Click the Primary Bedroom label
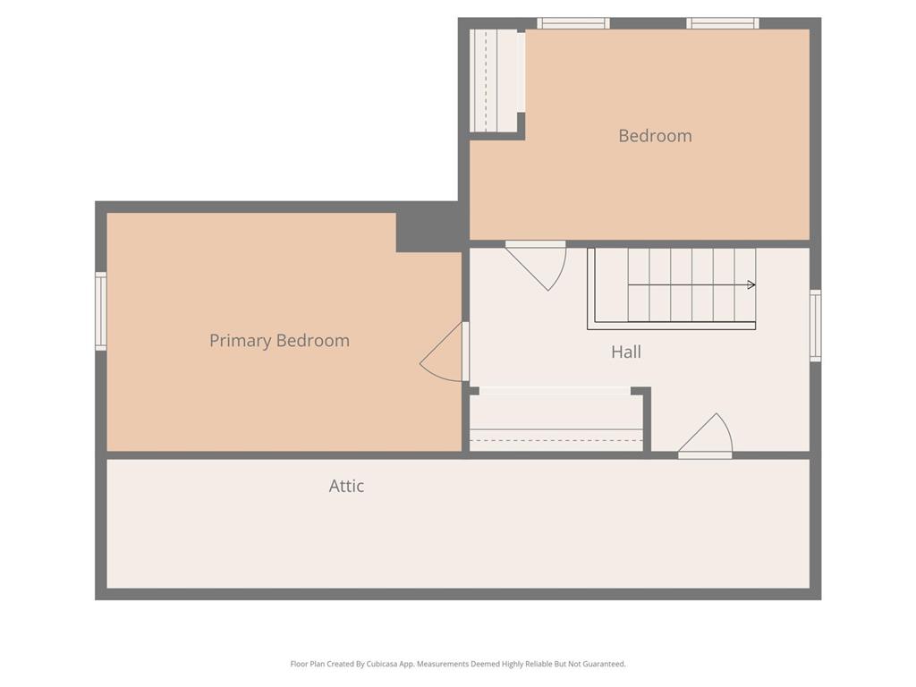pos(279,341)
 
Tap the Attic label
pos(346,486)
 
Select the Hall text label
pos(626,352)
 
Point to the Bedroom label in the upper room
pos(655,136)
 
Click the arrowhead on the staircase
pos(751,285)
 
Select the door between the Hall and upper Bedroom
pos(537,266)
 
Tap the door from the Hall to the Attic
pos(705,436)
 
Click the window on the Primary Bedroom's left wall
pos(101,311)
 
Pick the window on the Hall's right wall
pos(815,326)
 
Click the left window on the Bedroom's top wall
pos(573,23)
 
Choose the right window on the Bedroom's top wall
pos(723,23)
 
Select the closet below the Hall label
pos(556,420)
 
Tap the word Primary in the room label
pos(240,341)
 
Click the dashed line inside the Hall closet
pos(556,440)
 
